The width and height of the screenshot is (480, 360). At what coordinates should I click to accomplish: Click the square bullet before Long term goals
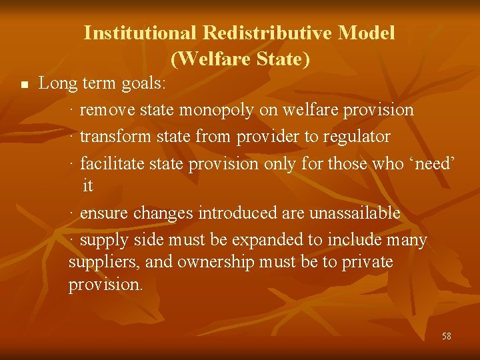pos(24,85)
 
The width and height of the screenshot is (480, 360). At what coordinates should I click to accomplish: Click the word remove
pos(105,110)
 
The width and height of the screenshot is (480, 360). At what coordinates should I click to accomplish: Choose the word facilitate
pos(108,163)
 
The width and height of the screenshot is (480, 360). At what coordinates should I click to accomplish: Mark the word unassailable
pos(352,213)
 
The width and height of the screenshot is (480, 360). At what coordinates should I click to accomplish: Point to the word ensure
pos(104,213)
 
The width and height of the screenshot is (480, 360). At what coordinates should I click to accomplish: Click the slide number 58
pos(446,336)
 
